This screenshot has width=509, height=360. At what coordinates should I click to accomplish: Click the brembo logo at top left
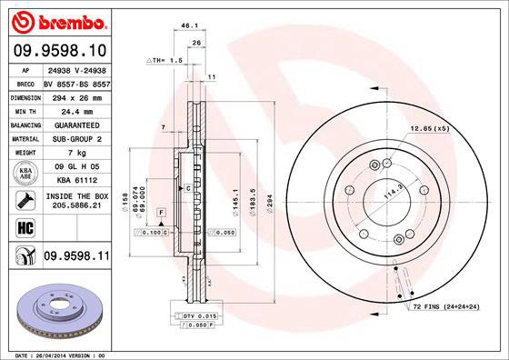point(57,19)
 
